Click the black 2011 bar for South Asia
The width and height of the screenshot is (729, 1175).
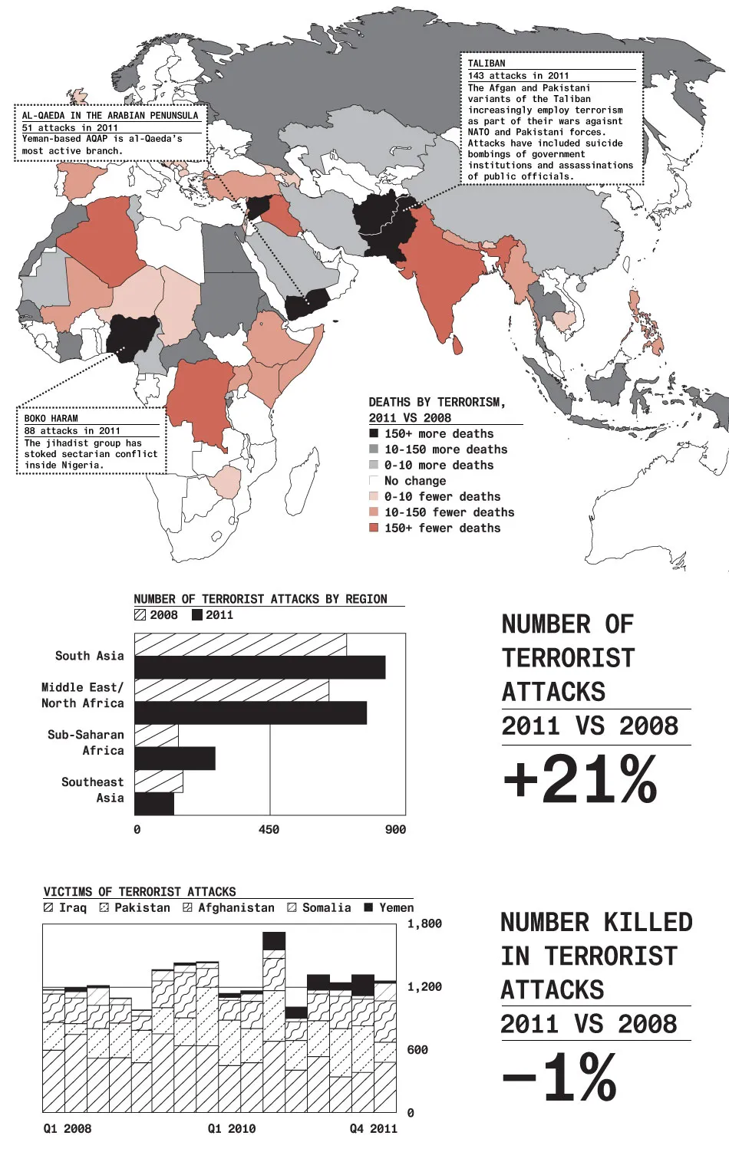tap(259, 666)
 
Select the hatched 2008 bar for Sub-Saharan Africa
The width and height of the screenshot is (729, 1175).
tap(157, 736)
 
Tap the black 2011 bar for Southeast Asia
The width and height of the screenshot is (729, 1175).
tap(154, 804)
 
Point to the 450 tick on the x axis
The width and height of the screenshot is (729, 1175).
tap(269, 829)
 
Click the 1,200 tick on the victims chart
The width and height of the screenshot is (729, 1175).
tap(424, 986)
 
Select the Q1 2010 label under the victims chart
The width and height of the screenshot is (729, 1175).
tap(232, 1128)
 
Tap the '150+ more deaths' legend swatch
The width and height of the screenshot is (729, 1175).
tap(374, 433)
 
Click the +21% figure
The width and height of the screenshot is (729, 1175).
tap(581, 779)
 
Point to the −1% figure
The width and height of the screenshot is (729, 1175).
tap(560, 1078)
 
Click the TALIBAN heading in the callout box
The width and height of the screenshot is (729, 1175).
tap(487, 64)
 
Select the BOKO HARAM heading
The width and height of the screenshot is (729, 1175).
tap(51, 418)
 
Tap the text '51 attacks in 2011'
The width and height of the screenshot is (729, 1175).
tap(70, 127)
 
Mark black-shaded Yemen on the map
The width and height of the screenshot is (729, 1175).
tap(307, 303)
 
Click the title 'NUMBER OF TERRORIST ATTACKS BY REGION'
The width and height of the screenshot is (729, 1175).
tap(260, 598)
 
